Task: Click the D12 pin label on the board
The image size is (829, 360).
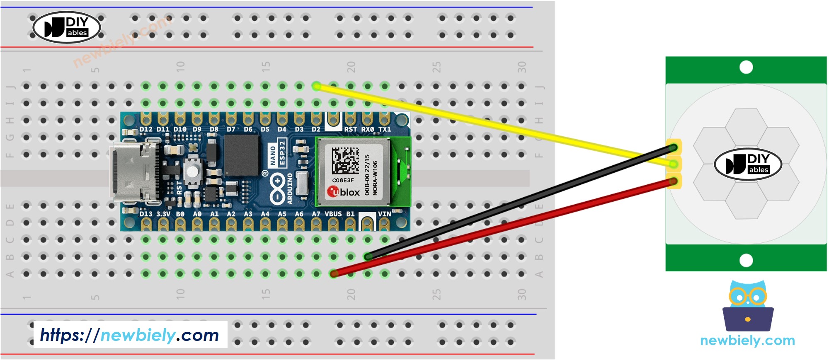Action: (x=145, y=129)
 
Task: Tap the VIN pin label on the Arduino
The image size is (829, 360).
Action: (x=384, y=214)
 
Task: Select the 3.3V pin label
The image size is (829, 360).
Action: (x=163, y=214)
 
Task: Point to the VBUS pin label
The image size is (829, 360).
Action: (x=333, y=214)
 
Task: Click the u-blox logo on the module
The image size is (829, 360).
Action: (x=343, y=192)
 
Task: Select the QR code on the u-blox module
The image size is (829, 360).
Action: (x=345, y=161)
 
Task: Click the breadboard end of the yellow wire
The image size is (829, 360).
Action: (x=317, y=86)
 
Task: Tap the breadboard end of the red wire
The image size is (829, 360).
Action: (x=334, y=274)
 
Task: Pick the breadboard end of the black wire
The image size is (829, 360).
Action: (x=368, y=257)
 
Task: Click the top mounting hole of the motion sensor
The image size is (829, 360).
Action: (x=746, y=67)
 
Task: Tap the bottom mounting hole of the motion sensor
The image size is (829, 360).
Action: (x=746, y=260)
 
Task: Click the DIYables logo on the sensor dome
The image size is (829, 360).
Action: (x=748, y=164)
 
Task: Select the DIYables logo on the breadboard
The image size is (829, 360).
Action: (x=67, y=27)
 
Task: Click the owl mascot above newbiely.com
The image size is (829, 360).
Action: (x=748, y=306)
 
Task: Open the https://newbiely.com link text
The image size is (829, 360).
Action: (x=130, y=335)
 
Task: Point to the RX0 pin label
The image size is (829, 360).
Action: (x=367, y=129)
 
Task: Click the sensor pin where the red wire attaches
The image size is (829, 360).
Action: (x=674, y=181)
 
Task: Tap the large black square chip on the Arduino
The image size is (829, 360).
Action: (x=241, y=155)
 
